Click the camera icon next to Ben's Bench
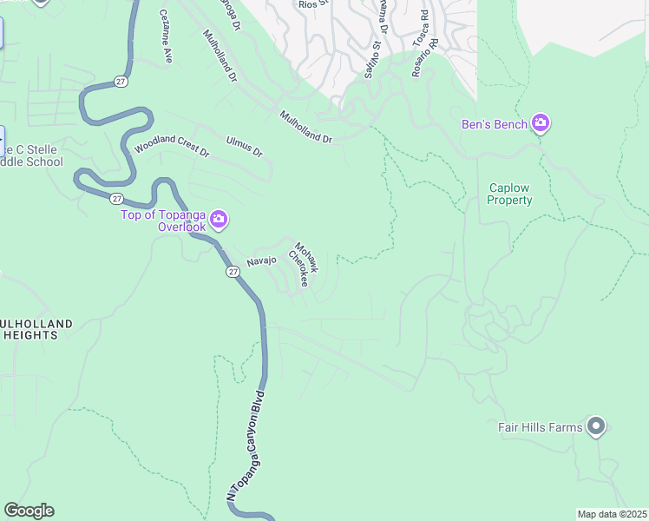coord(541,124)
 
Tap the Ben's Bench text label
coord(494,125)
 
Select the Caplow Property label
coord(509,194)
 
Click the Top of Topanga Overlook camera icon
coord(219,220)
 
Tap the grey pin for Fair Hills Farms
coord(595,426)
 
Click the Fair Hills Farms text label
coord(540,427)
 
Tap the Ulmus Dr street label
coord(244,146)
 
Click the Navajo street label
coord(261,260)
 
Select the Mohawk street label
coord(307,257)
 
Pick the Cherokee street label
coord(298,269)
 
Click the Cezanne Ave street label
coord(166,38)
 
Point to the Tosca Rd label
coord(421,28)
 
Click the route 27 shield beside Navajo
coord(233,272)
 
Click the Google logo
coord(29,511)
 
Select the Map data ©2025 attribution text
coord(611,514)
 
